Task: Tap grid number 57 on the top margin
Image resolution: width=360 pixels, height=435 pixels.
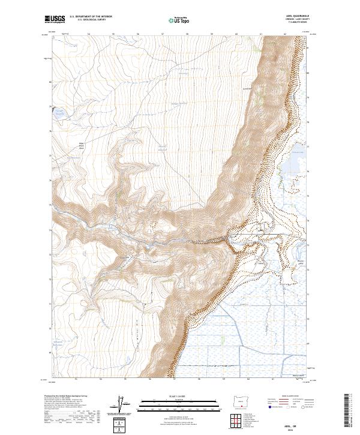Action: click(163, 34)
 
